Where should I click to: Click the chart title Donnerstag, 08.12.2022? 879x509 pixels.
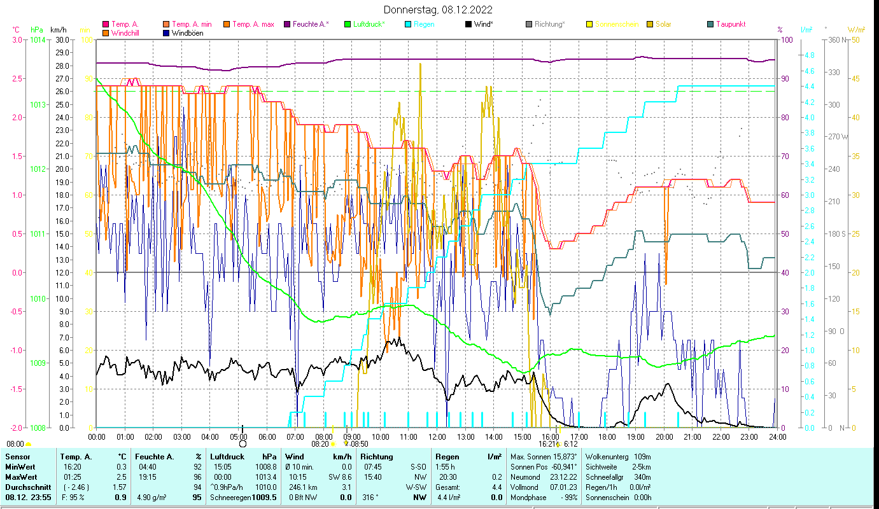pos(438,10)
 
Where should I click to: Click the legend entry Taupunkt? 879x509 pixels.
pos(730,24)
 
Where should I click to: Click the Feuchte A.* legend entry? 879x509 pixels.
pos(311,24)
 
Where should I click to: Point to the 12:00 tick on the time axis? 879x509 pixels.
pos(437,436)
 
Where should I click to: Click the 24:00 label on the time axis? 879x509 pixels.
pos(778,436)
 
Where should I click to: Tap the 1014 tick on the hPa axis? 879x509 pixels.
pos(38,39)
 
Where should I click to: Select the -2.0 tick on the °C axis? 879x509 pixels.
pos(15,428)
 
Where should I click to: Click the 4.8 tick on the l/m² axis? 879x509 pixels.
pos(809,55)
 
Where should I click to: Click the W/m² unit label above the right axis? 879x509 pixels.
pos(856,29)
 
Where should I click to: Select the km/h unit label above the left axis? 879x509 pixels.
pos(58,29)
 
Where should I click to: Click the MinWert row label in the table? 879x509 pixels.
pos(20,466)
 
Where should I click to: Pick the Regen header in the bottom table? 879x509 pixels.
pos(447,456)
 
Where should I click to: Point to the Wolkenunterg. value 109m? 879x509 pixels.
pos(642,456)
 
